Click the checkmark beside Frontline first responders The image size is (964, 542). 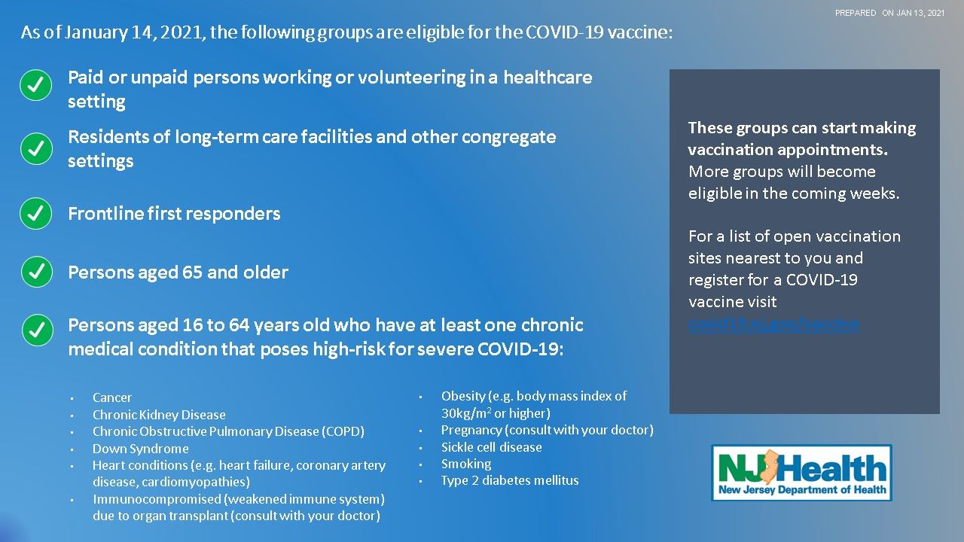pyautogui.click(x=36, y=213)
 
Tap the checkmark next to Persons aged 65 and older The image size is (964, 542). pyautogui.click(x=36, y=272)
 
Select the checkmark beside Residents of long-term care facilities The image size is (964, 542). pyautogui.click(x=36, y=148)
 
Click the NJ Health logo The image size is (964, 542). pyautogui.click(x=801, y=473)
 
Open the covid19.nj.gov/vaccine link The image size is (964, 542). pyautogui.click(x=773, y=324)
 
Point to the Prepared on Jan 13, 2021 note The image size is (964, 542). pyautogui.click(x=889, y=13)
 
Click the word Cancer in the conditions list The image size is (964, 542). pyautogui.click(x=112, y=397)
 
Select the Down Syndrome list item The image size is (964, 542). pyautogui.click(x=141, y=449)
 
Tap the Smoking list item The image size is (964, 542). pyautogui.click(x=466, y=464)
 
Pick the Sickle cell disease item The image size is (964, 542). pyautogui.click(x=491, y=447)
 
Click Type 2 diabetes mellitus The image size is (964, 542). pyautogui.click(x=510, y=480)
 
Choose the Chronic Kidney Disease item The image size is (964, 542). pyautogui.click(x=159, y=415)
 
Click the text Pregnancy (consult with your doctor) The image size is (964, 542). pyautogui.click(x=547, y=430)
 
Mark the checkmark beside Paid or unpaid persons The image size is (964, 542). pyautogui.click(x=36, y=86)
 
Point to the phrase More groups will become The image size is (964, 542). pyautogui.click(x=782, y=171)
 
